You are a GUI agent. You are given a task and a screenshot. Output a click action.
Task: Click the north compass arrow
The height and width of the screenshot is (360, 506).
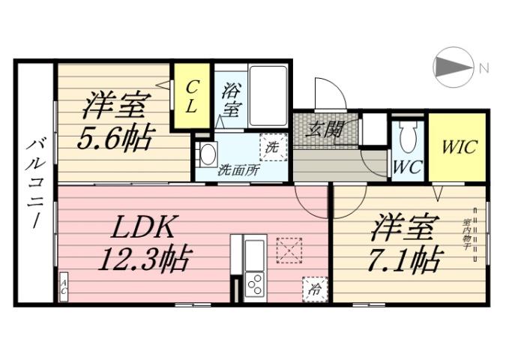click(x=453, y=67)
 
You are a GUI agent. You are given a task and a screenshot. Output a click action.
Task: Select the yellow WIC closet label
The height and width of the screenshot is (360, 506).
click(x=457, y=146)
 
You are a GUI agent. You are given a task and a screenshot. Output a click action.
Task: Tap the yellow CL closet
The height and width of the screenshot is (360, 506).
click(x=192, y=97)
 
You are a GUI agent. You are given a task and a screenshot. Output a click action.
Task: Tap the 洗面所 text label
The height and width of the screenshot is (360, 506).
click(x=238, y=169)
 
